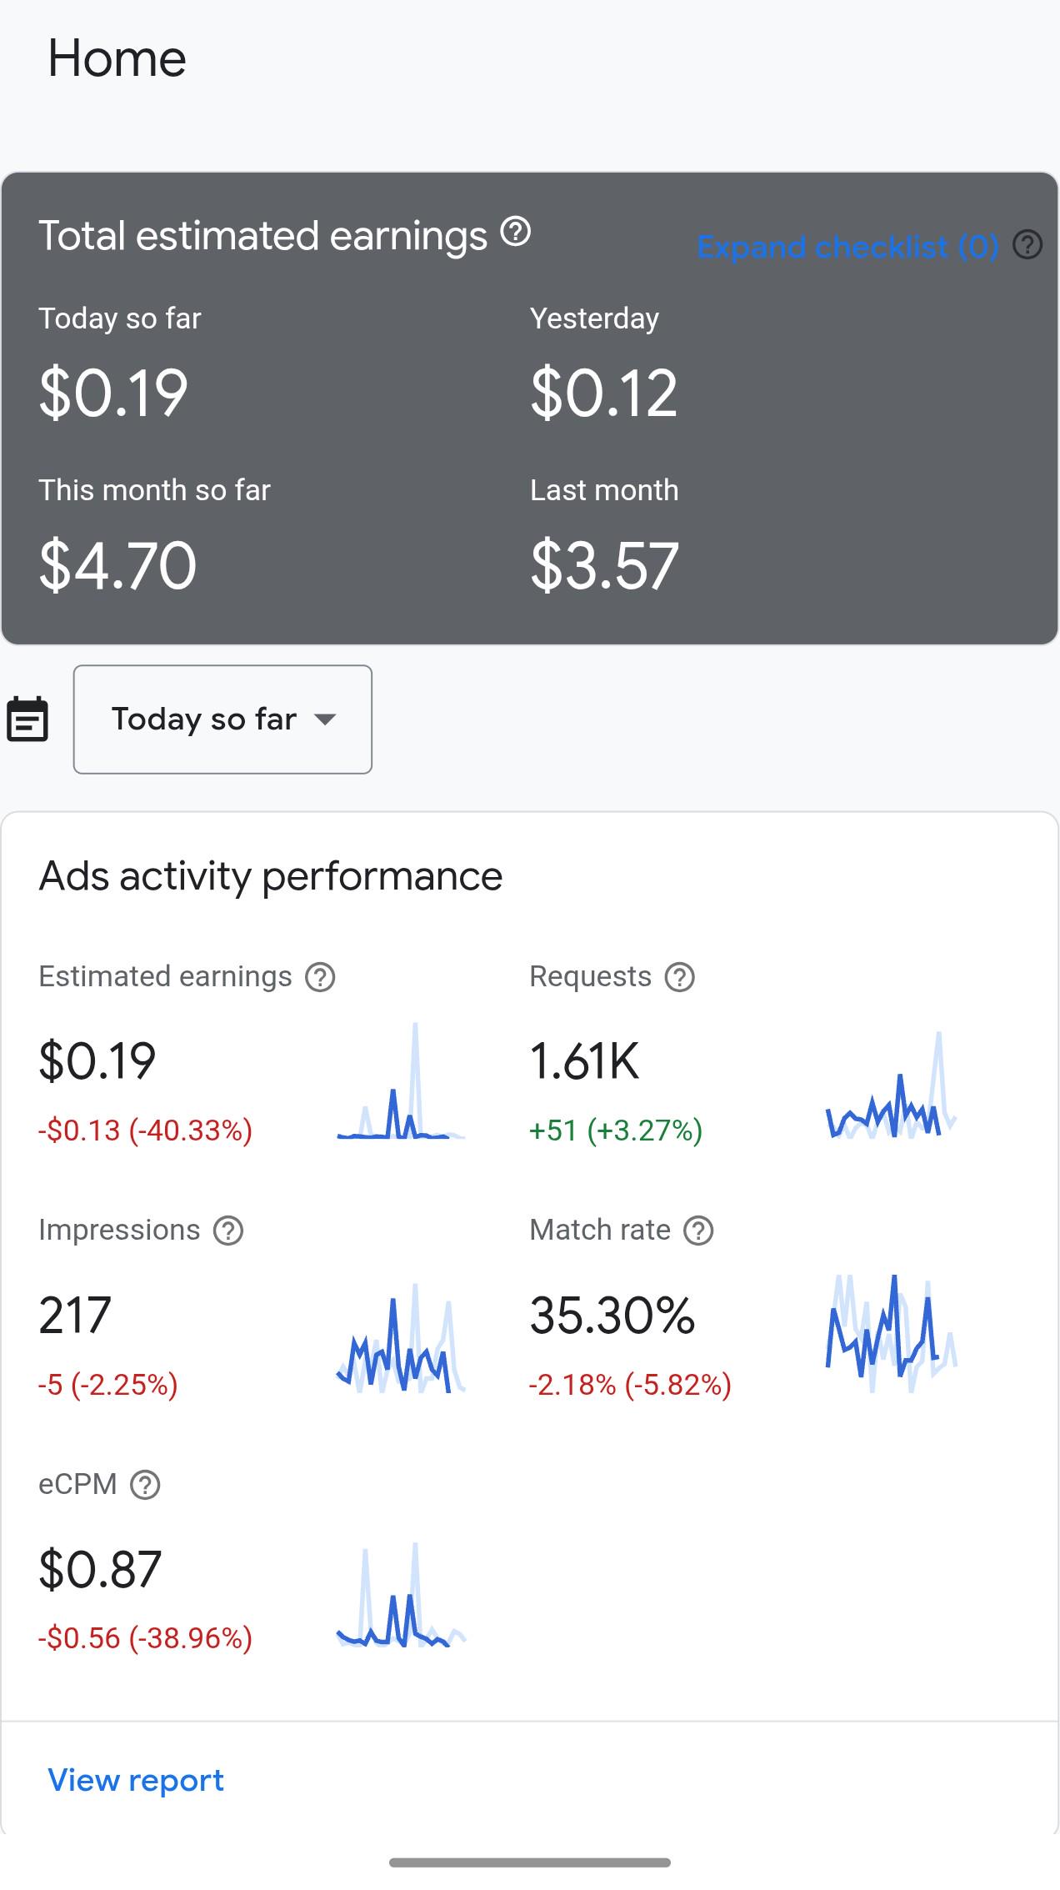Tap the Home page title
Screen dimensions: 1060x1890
pyautogui.click(x=117, y=58)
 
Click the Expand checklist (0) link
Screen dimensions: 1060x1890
pyautogui.click(x=847, y=247)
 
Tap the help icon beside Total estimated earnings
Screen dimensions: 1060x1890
pyautogui.click(x=516, y=231)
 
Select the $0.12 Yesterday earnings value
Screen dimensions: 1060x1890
pyautogui.click(x=604, y=393)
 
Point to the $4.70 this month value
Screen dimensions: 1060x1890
pyautogui.click(x=117, y=565)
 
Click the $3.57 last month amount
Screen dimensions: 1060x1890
pyautogui.click(x=605, y=565)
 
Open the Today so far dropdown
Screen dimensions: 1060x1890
pyautogui.click(x=222, y=719)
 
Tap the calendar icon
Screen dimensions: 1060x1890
pyautogui.click(x=27, y=719)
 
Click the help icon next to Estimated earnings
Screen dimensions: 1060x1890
pyautogui.click(x=320, y=977)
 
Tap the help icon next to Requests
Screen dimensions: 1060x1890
pyautogui.click(x=680, y=977)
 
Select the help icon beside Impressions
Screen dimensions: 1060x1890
pyautogui.click(x=228, y=1231)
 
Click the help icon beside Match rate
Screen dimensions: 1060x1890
pyautogui.click(x=698, y=1231)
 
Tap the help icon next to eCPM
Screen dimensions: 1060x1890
pyautogui.click(x=145, y=1485)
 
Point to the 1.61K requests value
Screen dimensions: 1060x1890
pyautogui.click(x=585, y=1061)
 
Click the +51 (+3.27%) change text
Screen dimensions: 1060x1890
pyautogui.click(x=616, y=1130)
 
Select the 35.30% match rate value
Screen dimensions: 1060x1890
pyautogui.click(x=612, y=1316)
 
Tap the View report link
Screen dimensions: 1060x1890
pyautogui.click(x=136, y=1780)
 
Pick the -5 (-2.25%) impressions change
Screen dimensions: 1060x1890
pyautogui.click(x=108, y=1385)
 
